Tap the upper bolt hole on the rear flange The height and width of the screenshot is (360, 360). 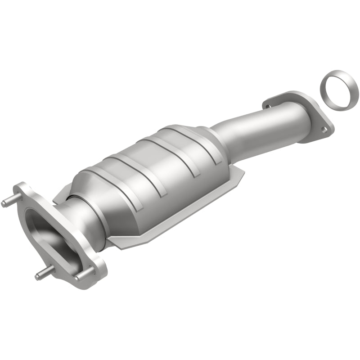tap(269, 106)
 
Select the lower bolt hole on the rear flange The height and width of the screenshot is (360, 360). tap(323, 130)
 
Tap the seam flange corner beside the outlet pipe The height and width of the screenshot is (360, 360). tap(241, 173)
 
